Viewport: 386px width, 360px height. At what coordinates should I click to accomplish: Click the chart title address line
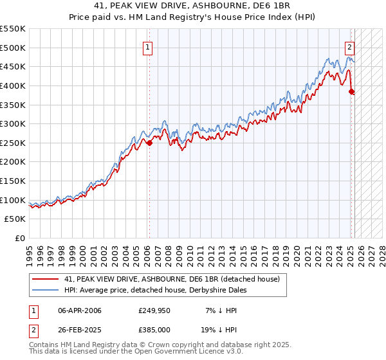pyautogui.click(x=193, y=6)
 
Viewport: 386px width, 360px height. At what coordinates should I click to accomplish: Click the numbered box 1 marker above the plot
pyautogui.click(x=148, y=47)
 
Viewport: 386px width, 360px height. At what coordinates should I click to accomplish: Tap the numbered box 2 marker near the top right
pyautogui.click(x=349, y=47)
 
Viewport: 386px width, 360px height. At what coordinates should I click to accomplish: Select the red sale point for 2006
pyautogui.click(x=149, y=143)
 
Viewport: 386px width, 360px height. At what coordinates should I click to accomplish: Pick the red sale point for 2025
pyautogui.click(x=352, y=91)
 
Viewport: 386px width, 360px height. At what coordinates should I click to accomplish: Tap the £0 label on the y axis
pyautogui.click(x=19, y=238)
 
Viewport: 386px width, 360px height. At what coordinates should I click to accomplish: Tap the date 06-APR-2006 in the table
pyautogui.click(x=79, y=311)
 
